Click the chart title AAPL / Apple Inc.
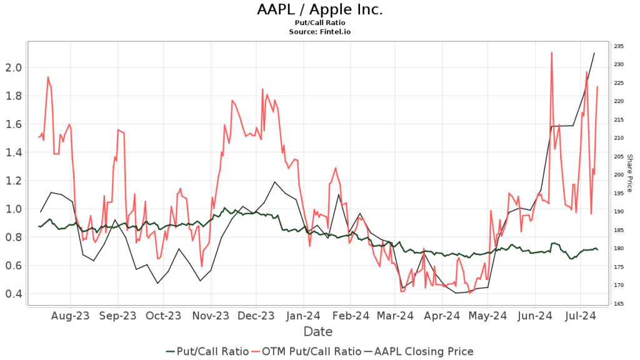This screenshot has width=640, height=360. (x=319, y=10)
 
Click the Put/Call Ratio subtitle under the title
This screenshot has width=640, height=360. (x=319, y=23)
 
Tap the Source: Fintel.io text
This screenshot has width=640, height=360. (x=319, y=31)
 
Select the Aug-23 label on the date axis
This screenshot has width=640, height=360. (x=70, y=316)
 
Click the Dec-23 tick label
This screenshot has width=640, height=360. (x=256, y=316)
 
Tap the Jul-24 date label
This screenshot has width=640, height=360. (x=581, y=316)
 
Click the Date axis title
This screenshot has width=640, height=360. (x=318, y=332)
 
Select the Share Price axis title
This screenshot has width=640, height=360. (x=630, y=173)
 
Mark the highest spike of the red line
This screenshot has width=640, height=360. (x=551, y=53)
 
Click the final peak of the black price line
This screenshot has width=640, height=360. (x=594, y=53)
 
